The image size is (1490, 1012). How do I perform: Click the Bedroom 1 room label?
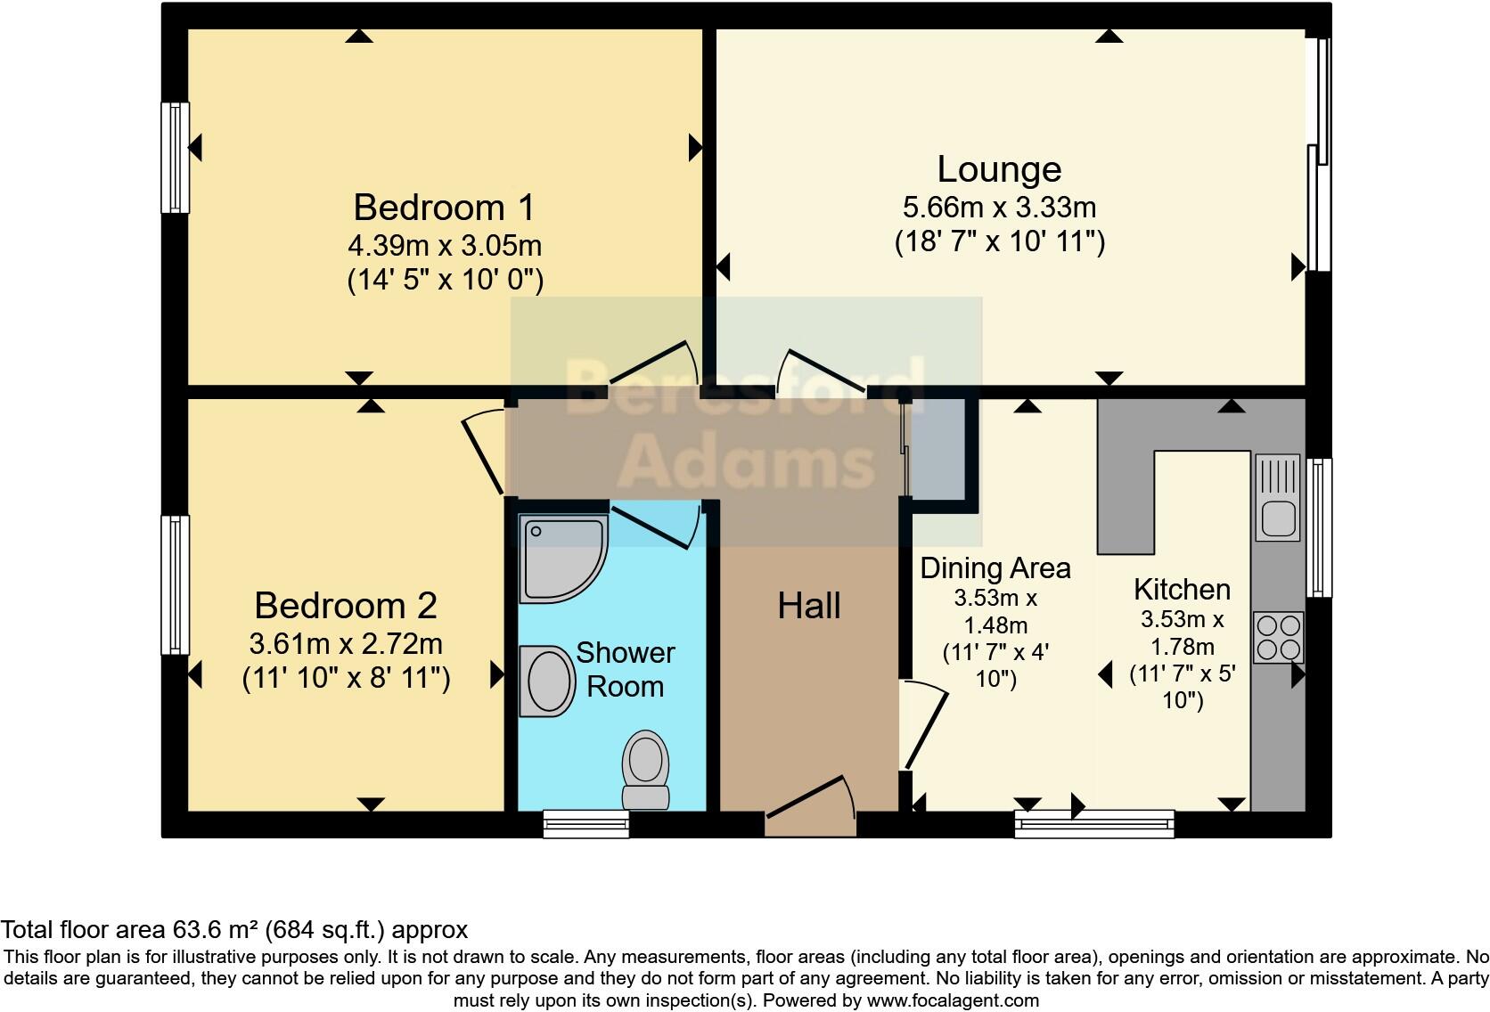[x=444, y=208]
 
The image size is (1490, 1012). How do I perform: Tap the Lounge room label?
[x=999, y=169]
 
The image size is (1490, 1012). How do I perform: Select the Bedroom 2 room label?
[x=346, y=606]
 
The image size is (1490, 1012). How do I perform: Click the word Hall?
[x=808, y=607]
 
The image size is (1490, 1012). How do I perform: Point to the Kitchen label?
[x=1182, y=590]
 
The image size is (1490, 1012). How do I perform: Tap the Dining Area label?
[x=995, y=568]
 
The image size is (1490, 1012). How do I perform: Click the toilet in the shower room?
[x=646, y=768]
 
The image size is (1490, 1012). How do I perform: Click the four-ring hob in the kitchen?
[x=1277, y=637]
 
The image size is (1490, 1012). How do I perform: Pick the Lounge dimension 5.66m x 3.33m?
[x=999, y=208]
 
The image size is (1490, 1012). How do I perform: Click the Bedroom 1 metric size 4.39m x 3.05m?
[x=444, y=245]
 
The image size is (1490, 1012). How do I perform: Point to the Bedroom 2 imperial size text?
[x=346, y=679]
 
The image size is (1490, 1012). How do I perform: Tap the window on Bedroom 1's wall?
[x=175, y=158]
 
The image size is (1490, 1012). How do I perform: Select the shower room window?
[x=586, y=824]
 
